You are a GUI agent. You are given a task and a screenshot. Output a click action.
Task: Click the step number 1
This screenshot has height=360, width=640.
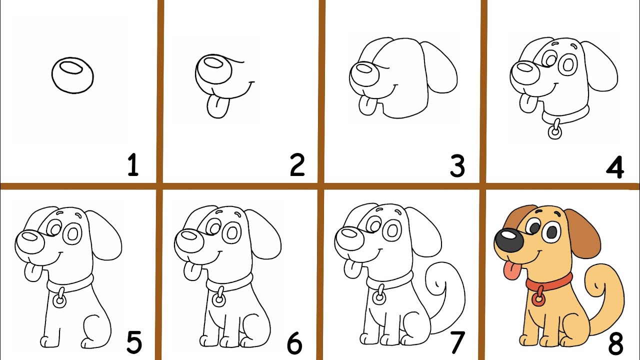pos(133,164)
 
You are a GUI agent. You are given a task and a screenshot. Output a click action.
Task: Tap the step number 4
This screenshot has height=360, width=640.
pos(615,167)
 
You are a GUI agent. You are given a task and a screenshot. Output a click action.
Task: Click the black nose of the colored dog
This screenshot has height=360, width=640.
pos(509,240)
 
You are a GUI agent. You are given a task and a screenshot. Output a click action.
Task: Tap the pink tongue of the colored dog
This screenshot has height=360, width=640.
pos(512,271)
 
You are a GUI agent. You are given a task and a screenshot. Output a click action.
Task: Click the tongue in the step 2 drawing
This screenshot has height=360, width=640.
pos(218,107)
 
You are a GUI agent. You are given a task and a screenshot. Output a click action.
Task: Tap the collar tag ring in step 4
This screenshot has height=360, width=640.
pos(555,132)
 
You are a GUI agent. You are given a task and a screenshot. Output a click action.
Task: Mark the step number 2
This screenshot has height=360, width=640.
pos(297,164)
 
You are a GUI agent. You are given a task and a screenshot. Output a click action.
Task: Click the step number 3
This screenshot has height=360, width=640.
pos(457,165)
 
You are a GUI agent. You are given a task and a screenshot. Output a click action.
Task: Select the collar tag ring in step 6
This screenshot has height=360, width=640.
pos(219,299)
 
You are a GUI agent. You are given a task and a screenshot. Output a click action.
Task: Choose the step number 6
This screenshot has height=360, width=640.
pos(294,343)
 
